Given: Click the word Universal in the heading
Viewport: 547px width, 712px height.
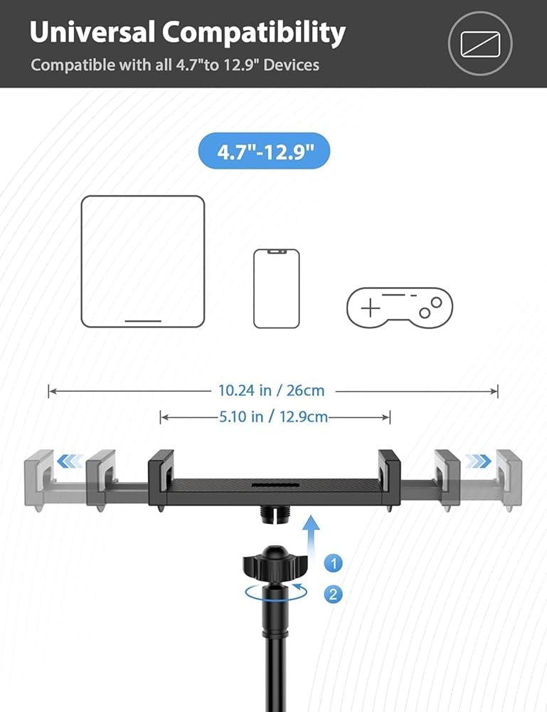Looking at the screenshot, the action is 92,32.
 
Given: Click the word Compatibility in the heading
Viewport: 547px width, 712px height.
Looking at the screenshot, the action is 254,33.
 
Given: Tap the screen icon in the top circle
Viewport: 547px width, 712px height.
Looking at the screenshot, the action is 480,44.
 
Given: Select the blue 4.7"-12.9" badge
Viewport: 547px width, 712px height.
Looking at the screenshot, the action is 265,151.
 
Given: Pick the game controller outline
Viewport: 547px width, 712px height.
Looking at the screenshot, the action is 400,307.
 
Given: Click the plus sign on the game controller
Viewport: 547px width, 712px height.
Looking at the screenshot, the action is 371,308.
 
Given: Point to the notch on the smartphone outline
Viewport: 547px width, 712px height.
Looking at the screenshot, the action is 276,251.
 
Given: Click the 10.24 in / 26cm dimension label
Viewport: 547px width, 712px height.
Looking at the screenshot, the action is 271,390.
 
